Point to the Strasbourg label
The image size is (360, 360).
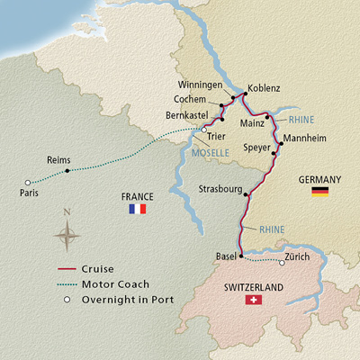(x=220, y=189)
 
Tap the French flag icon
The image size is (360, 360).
(x=137, y=209)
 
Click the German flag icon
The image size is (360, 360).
(x=319, y=192)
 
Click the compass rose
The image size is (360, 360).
(x=67, y=236)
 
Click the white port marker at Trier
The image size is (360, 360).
(x=204, y=129)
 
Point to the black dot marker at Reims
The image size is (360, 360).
(x=67, y=171)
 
